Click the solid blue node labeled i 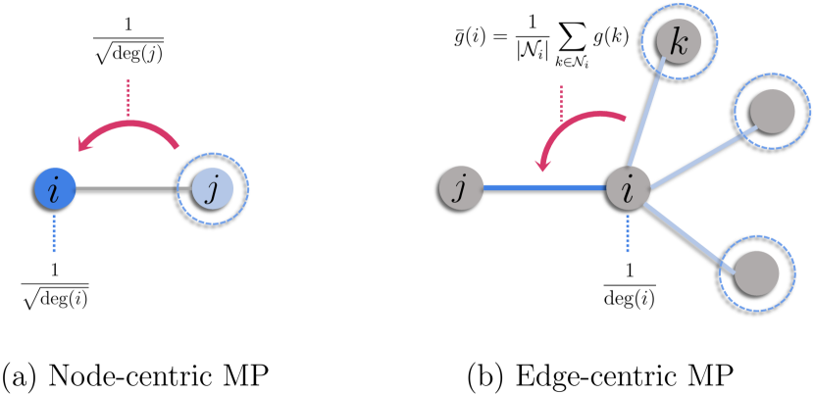tap(55, 188)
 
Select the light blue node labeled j tap(213, 188)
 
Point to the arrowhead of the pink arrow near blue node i tap(86, 145)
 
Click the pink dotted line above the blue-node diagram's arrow tap(127, 98)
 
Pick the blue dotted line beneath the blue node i tap(54, 233)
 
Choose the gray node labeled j tap(461, 188)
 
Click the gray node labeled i tap(628, 187)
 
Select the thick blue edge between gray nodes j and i tap(544, 187)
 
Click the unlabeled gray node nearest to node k tap(772, 111)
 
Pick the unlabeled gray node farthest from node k tap(756, 272)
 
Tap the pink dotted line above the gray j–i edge tap(561, 103)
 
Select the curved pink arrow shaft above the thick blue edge tap(579, 119)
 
